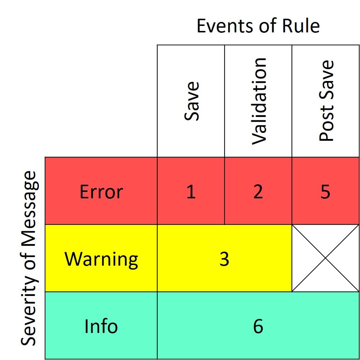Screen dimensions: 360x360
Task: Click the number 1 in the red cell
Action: coord(191,191)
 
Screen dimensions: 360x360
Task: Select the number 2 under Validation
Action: coord(258,191)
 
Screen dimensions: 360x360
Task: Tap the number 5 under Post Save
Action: coord(325,192)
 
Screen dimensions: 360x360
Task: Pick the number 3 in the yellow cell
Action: coord(224,259)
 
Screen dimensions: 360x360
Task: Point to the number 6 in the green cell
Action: coord(258,326)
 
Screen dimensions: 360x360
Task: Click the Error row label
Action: coord(101,192)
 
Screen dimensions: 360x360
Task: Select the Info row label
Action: coord(101,326)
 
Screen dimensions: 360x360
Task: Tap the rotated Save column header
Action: coord(192,101)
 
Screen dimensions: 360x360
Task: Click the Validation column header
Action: coord(259,101)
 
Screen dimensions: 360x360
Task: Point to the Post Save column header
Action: coord(326,100)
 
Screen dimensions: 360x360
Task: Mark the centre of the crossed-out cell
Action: coord(325,258)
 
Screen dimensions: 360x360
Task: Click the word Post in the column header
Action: coord(326,123)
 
